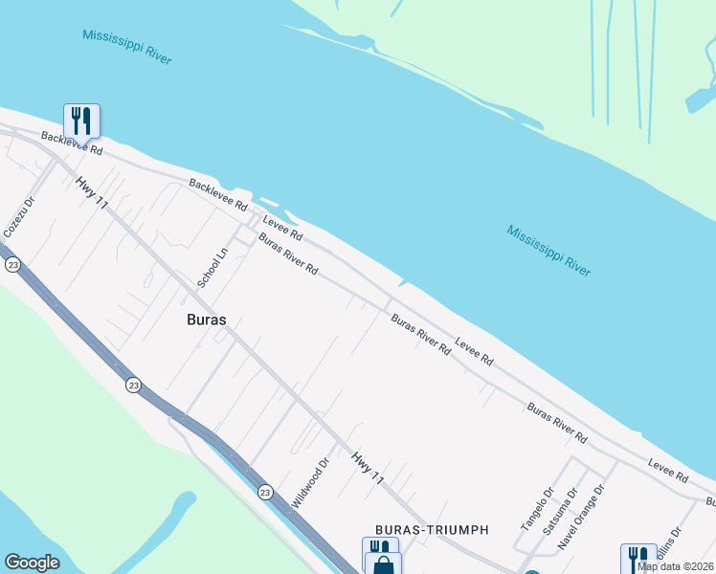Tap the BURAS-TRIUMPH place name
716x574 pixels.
(x=432, y=530)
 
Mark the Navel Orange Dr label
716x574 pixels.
(x=582, y=517)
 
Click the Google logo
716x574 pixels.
(x=32, y=563)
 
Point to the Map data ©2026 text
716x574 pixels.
(x=675, y=566)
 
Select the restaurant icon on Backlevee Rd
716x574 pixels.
(x=81, y=121)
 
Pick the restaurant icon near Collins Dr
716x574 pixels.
(x=637, y=559)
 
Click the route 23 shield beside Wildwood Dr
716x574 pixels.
(x=265, y=491)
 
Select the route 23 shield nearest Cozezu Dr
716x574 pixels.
(x=12, y=265)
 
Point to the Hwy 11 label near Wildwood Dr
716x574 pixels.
(x=368, y=468)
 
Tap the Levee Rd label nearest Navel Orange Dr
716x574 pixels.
(x=668, y=470)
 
